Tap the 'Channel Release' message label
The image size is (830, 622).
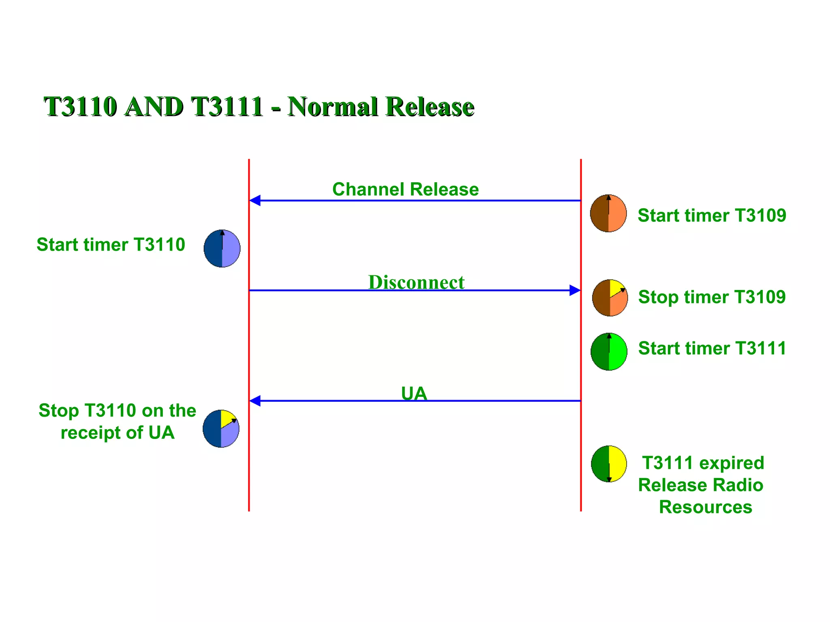click(405, 190)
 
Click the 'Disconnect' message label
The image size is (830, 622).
click(416, 282)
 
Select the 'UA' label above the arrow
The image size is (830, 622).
click(414, 393)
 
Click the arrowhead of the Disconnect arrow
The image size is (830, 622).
click(575, 290)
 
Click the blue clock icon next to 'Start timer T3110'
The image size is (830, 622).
click(222, 249)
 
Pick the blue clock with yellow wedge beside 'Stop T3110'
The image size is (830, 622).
click(221, 428)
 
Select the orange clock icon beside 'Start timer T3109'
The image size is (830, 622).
click(608, 213)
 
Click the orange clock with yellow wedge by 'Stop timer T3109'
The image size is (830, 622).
click(610, 298)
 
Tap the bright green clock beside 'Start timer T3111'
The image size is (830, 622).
click(609, 351)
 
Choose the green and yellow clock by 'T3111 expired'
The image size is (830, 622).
click(609, 464)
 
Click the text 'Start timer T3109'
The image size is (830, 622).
click(712, 215)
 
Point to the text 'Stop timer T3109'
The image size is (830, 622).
click(712, 297)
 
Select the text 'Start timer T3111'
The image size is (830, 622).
click(712, 348)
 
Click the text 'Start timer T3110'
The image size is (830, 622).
click(111, 245)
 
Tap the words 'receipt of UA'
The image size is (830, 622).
click(118, 432)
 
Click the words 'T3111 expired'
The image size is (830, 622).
click(703, 463)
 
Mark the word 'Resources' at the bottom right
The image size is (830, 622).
click(705, 507)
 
